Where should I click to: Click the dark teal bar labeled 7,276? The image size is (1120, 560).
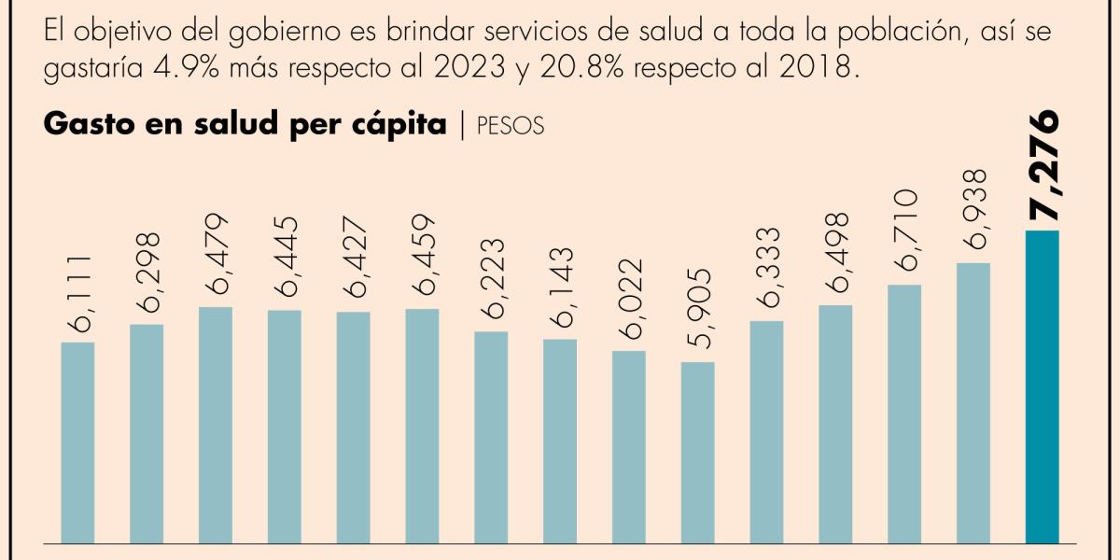coord(1042,385)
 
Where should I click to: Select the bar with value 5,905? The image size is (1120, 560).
coord(697,452)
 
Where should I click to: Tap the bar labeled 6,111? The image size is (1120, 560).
coord(77,441)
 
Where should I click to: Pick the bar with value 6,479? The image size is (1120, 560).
coord(216,424)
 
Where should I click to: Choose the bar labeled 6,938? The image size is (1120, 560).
coord(973,402)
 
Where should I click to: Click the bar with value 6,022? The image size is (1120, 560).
coord(629,446)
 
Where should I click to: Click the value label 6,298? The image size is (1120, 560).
coord(147,272)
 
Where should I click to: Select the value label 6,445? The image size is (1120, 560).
coord(285,257)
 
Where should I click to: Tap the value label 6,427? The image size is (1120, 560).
coord(354,259)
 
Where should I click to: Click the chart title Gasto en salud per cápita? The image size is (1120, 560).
coord(245,125)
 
